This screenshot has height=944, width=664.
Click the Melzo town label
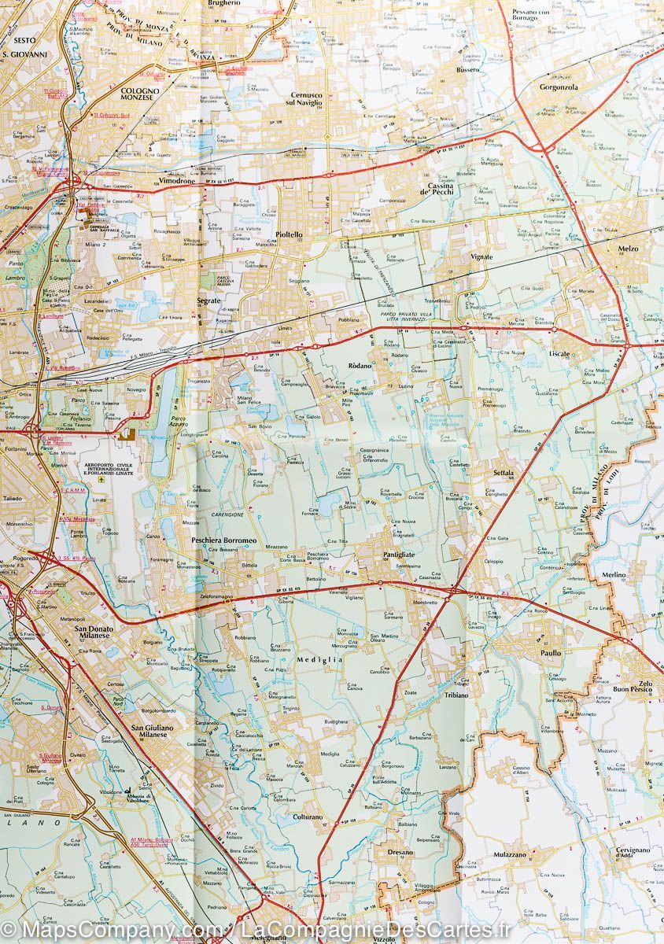coord(629,249)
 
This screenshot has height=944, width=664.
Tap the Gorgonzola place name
coord(559,87)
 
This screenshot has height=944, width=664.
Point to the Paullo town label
coord(551,652)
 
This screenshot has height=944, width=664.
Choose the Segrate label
coord(208,301)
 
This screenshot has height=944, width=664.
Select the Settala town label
coord(503,472)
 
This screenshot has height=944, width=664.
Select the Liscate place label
coord(559,354)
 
